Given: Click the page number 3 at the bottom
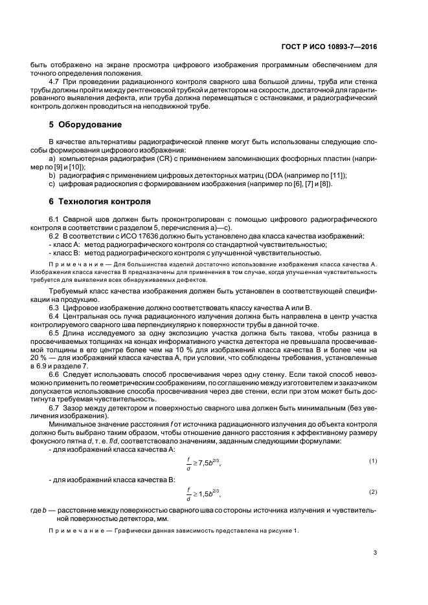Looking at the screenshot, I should [375, 552].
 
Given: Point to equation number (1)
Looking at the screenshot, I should [372, 460].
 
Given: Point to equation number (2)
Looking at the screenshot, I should [372, 492].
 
